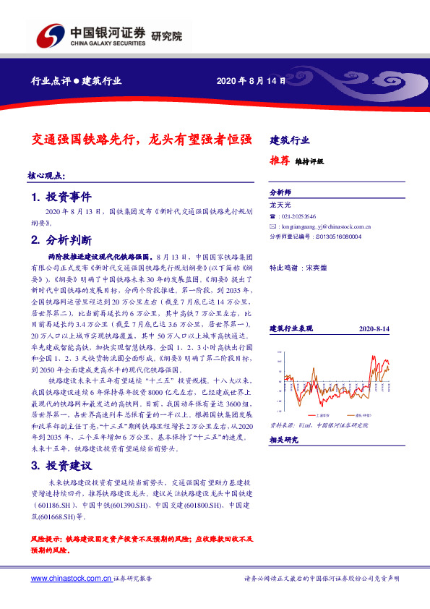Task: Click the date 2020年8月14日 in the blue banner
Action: [247, 81]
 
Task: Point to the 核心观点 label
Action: [46, 176]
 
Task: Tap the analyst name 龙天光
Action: [279, 206]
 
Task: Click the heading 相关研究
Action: [283, 439]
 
